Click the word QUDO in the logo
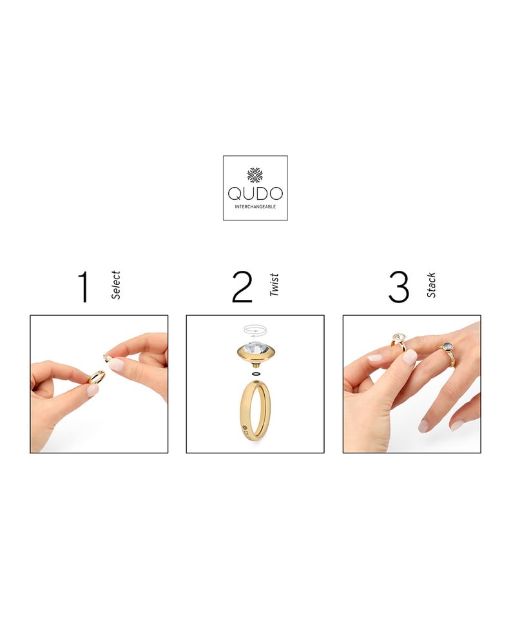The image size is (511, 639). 255,193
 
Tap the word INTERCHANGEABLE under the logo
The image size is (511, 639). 255,206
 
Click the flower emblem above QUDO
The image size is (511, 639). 255,175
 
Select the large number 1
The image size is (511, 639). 84,287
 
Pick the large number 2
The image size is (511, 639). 242,287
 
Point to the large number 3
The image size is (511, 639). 399,287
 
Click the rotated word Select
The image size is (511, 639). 115,285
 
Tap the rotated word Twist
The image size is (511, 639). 274,285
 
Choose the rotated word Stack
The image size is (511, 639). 431,285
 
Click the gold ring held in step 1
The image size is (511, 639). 96,377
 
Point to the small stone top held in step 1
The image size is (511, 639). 107,358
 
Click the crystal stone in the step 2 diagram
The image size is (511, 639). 255,349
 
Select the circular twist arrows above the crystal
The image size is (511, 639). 255,329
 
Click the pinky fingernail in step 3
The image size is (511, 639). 457,425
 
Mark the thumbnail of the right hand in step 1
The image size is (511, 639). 117,364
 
